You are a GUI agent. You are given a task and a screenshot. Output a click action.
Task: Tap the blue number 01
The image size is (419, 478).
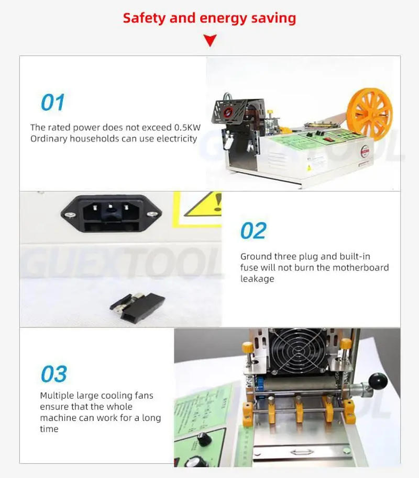coord(53,103)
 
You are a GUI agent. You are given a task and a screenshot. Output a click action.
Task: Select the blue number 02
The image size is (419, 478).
coord(253,231)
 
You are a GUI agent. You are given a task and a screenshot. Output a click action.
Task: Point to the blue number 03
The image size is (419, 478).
coord(54,374)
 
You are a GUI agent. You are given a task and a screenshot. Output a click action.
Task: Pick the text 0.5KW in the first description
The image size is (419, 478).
coord(188,127)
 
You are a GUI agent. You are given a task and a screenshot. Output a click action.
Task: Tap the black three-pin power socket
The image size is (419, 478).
coord(111,213)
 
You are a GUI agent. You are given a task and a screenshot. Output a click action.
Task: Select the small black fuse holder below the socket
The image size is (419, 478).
coord(137,305)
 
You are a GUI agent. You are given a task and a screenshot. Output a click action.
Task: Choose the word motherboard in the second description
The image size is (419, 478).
coord(362,267)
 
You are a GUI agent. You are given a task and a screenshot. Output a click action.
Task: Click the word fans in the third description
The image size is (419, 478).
coord(143,395)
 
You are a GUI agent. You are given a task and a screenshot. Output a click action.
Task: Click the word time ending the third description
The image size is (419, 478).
coord(49,429)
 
